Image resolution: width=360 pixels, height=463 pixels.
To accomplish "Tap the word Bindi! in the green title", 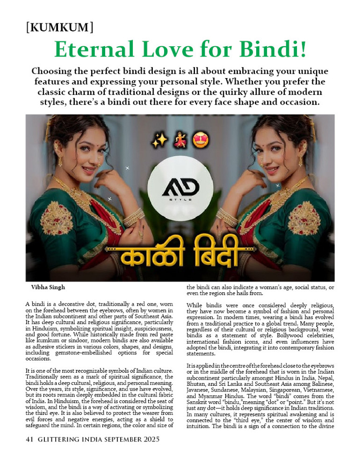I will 272,50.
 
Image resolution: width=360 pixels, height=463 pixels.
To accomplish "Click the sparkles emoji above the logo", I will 158,139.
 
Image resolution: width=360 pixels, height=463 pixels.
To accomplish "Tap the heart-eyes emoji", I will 201,139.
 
